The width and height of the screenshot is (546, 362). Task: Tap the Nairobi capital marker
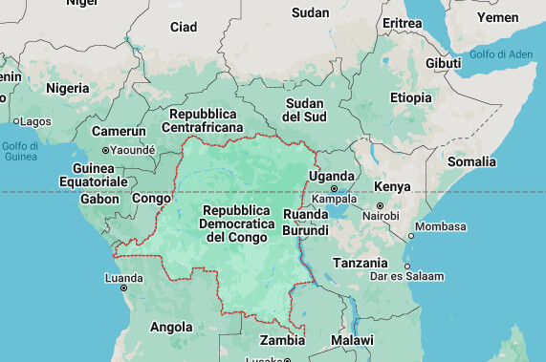click(x=380, y=205)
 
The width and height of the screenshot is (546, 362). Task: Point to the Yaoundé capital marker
click(x=105, y=150)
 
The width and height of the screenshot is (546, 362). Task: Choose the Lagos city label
click(x=35, y=121)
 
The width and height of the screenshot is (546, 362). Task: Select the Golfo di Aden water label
click(x=497, y=54)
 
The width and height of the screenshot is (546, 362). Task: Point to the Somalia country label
click(x=472, y=161)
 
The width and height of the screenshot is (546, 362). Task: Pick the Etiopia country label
click(x=410, y=97)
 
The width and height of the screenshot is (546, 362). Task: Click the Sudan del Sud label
click(x=304, y=109)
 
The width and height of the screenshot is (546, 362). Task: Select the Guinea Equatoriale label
click(x=93, y=174)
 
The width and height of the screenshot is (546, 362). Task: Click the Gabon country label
click(x=99, y=199)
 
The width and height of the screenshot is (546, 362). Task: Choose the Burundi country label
click(x=306, y=230)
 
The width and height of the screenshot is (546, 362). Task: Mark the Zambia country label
click(x=283, y=340)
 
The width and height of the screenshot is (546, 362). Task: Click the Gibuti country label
click(x=443, y=63)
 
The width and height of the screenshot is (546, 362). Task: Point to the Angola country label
click(x=171, y=327)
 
